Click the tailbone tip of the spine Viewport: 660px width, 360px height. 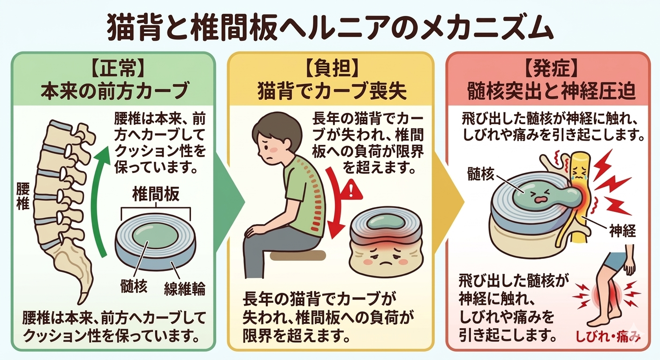[83, 298]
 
